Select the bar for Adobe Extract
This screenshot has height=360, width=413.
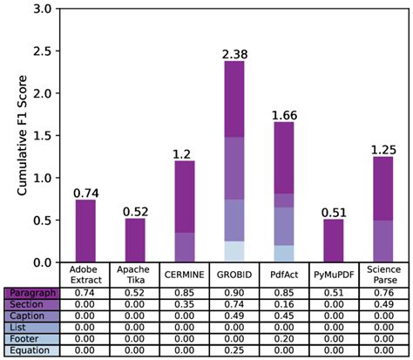85,231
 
